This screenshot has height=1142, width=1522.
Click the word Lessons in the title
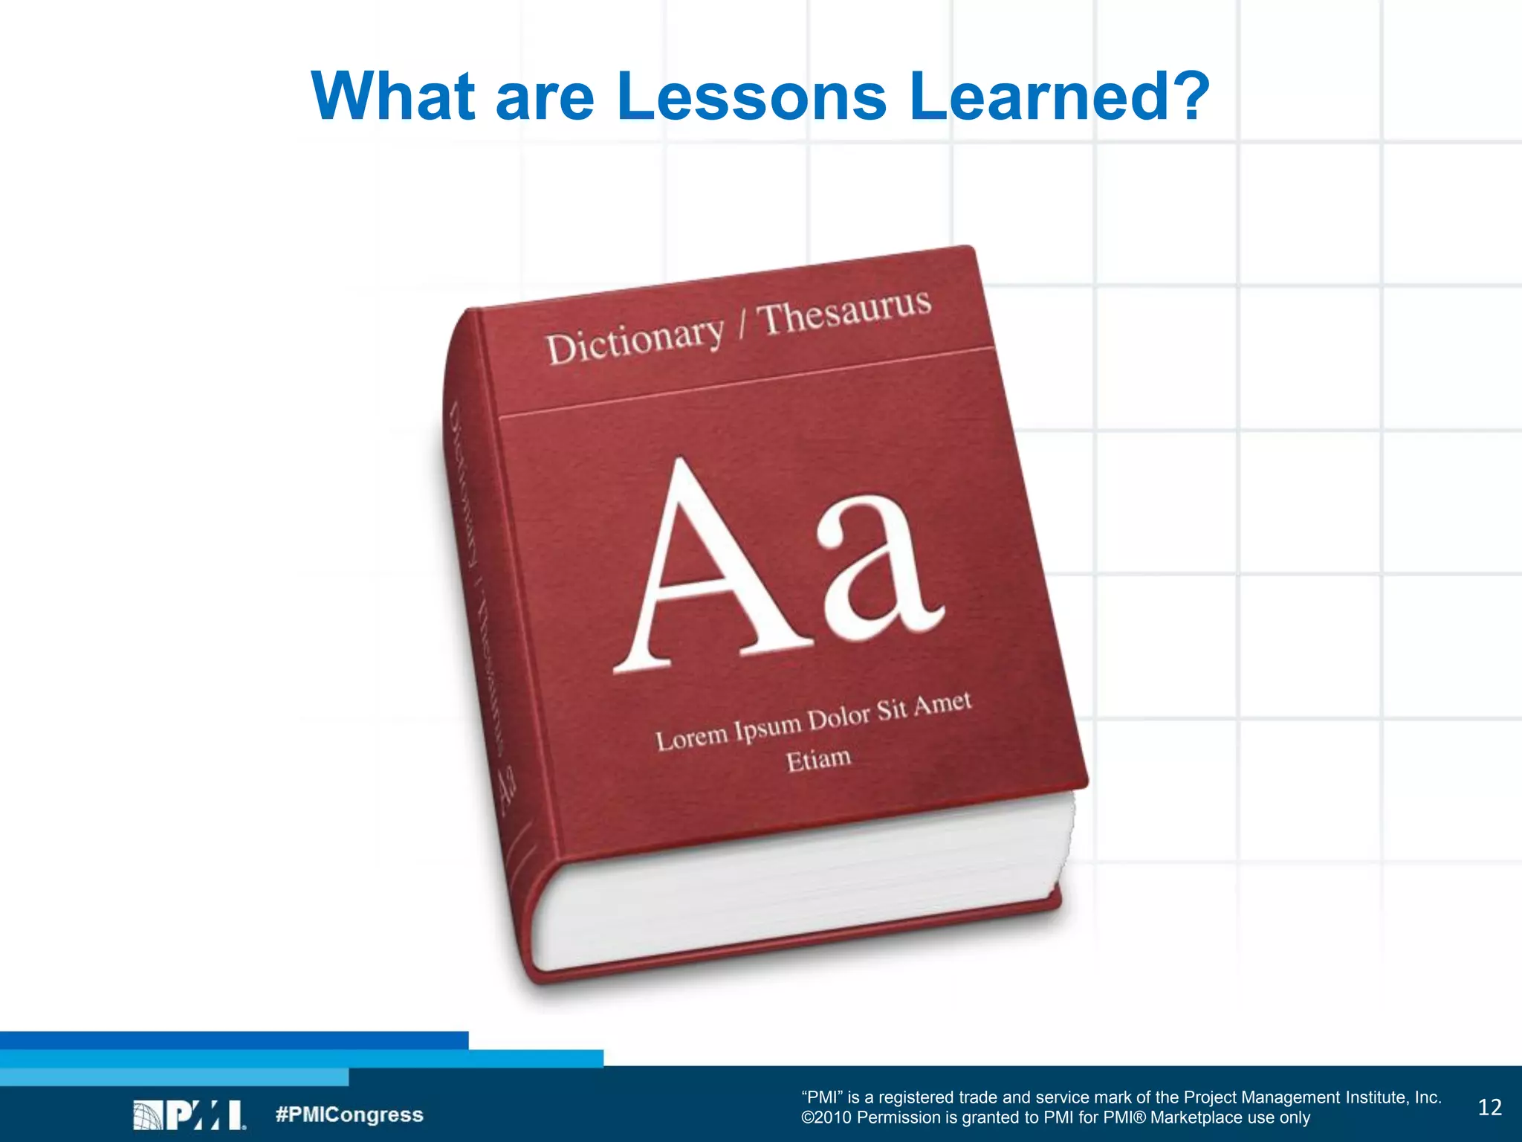pyautogui.click(x=751, y=97)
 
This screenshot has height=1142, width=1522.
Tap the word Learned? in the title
pyautogui.click(x=1060, y=97)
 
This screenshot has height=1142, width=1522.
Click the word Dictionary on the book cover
pyautogui.click(x=635, y=338)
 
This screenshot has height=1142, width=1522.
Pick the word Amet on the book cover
pyautogui.click(x=942, y=703)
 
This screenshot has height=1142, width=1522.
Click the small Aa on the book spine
pyautogui.click(x=508, y=790)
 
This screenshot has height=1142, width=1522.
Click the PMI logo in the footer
pyautogui.click(x=190, y=1115)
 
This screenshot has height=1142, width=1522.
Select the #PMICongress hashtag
pyautogui.click(x=349, y=1115)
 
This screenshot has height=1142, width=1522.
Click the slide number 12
pyautogui.click(x=1489, y=1108)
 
